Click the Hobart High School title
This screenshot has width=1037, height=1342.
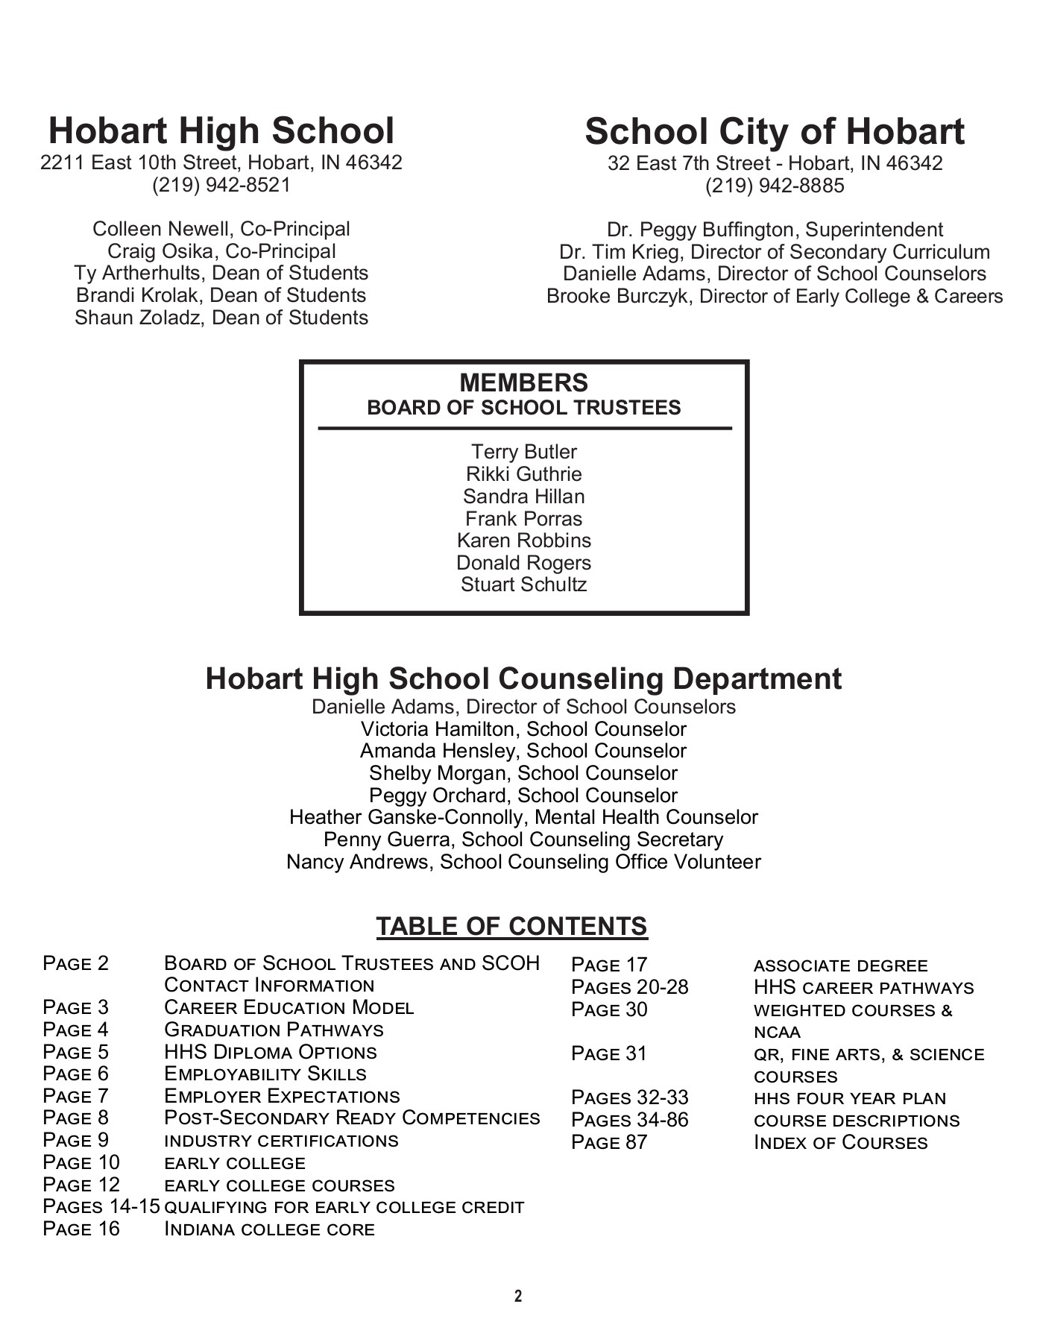click(x=221, y=130)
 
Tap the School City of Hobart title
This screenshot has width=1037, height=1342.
click(x=775, y=131)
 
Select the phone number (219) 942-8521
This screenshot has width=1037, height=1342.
click(x=221, y=185)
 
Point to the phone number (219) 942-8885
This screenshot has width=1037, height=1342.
click(x=775, y=186)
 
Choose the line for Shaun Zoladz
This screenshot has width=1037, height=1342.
click(x=221, y=318)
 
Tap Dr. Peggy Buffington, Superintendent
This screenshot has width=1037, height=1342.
click(x=775, y=230)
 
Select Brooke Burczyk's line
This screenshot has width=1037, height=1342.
click(x=775, y=296)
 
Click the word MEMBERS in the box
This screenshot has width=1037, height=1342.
click(x=523, y=382)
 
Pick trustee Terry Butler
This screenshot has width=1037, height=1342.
click(x=523, y=452)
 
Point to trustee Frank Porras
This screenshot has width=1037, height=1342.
click(x=523, y=519)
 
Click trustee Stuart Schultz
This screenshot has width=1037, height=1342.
click(x=523, y=585)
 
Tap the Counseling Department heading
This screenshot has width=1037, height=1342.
click(x=523, y=678)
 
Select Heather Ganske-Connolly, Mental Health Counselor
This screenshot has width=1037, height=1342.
click(x=523, y=818)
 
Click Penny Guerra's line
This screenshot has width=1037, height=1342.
click(x=523, y=840)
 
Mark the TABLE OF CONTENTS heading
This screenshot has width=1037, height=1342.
click(x=511, y=926)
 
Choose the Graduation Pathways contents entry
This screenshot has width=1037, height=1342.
click(x=274, y=1030)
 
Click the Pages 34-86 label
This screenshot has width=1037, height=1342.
click(x=630, y=1120)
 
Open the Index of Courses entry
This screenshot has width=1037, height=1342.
click(x=840, y=1143)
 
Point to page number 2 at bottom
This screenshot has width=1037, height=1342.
click(x=518, y=1297)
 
